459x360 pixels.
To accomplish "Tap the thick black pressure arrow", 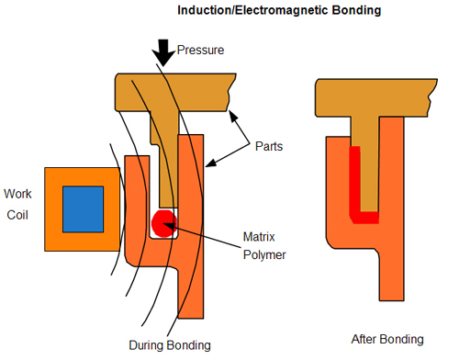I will click(x=164, y=53).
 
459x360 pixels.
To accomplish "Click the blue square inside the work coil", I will click(x=81, y=208).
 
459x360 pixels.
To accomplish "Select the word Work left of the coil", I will click(x=17, y=194).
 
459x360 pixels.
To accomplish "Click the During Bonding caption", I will click(x=170, y=344).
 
